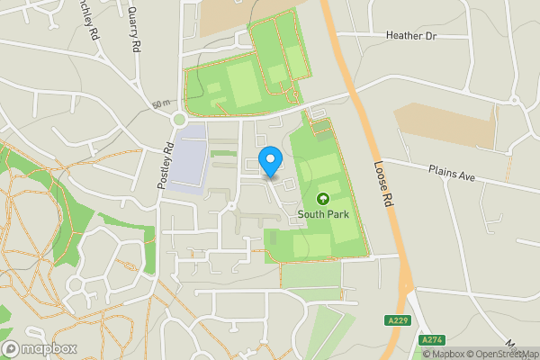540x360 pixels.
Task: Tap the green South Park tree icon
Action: (x=323, y=198)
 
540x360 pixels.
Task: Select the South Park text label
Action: (x=322, y=214)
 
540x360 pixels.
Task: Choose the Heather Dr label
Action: (x=410, y=36)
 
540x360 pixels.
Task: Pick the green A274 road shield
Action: (x=433, y=340)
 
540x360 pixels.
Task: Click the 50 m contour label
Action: (x=161, y=104)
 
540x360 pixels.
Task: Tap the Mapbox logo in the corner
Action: (x=38, y=348)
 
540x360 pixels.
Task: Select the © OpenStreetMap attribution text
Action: (x=504, y=354)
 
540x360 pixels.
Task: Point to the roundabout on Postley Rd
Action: (x=178, y=118)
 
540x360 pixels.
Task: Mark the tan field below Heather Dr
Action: (x=445, y=124)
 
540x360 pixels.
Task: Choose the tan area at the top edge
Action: (x=225, y=16)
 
